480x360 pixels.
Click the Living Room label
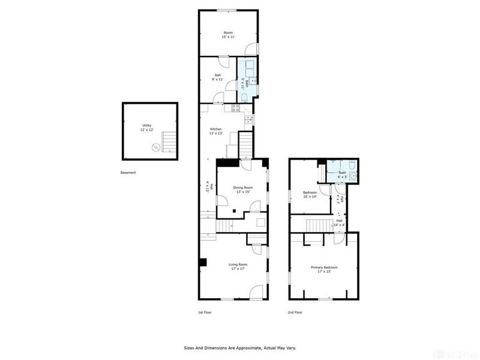[x=238, y=264]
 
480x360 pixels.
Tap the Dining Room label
[x=243, y=188]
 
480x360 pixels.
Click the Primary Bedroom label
[x=324, y=267]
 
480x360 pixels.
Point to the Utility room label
[x=147, y=125]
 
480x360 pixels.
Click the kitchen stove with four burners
[x=236, y=108]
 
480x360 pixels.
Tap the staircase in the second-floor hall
[x=318, y=226]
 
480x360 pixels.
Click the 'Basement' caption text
[x=128, y=173]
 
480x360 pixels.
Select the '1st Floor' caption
[x=205, y=313]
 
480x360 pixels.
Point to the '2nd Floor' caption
[x=295, y=313]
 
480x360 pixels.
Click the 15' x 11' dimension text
[x=228, y=37]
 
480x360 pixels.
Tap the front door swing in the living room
[x=257, y=292]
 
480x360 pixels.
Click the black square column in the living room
[x=203, y=262]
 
